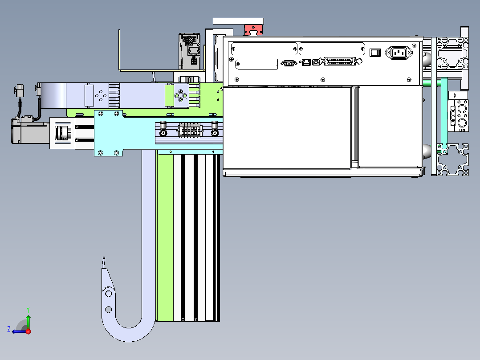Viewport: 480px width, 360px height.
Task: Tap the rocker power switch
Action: click(x=375, y=53)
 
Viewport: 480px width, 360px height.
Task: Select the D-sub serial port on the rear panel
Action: click(x=289, y=63)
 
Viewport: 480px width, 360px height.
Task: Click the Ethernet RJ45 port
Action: click(x=306, y=62)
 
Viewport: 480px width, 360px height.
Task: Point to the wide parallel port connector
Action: click(x=340, y=61)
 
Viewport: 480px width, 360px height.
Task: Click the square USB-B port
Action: click(x=316, y=62)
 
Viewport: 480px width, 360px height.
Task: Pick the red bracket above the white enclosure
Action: click(x=253, y=30)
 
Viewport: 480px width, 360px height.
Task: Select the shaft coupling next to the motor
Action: click(x=63, y=132)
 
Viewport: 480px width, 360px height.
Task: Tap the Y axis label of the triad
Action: click(x=28, y=310)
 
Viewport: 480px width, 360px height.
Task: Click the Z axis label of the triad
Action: click(x=9, y=329)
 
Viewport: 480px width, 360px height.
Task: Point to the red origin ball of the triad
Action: click(x=28, y=331)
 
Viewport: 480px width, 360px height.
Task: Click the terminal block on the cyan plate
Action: click(x=190, y=130)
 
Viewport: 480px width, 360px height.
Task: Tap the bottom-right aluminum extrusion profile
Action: click(x=453, y=160)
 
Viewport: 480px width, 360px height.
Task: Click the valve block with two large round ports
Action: click(x=458, y=115)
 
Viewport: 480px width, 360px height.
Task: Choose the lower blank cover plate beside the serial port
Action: click(x=256, y=64)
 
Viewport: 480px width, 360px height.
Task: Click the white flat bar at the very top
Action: click(x=238, y=21)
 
